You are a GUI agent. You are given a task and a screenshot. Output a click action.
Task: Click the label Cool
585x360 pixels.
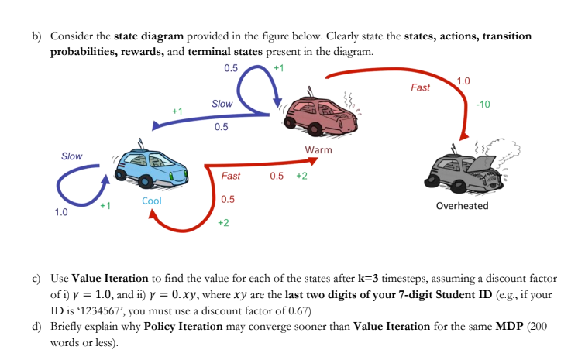coord(152,201)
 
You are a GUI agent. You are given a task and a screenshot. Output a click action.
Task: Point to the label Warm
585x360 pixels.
coord(318,149)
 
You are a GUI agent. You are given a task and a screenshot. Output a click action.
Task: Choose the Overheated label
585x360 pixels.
coord(462,206)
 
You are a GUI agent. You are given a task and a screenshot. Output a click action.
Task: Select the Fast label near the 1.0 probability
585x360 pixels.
coord(421,87)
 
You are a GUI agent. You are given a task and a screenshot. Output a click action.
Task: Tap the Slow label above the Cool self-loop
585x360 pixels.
coord(71,156)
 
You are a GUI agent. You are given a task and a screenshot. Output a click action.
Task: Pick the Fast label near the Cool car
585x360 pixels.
coord(231,176)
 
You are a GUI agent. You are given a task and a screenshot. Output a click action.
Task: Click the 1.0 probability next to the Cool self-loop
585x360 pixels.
coord(61,211)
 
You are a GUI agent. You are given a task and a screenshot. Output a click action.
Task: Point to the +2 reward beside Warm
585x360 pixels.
coord(301,176)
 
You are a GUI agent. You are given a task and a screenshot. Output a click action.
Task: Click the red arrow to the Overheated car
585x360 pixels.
coord(403,71)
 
